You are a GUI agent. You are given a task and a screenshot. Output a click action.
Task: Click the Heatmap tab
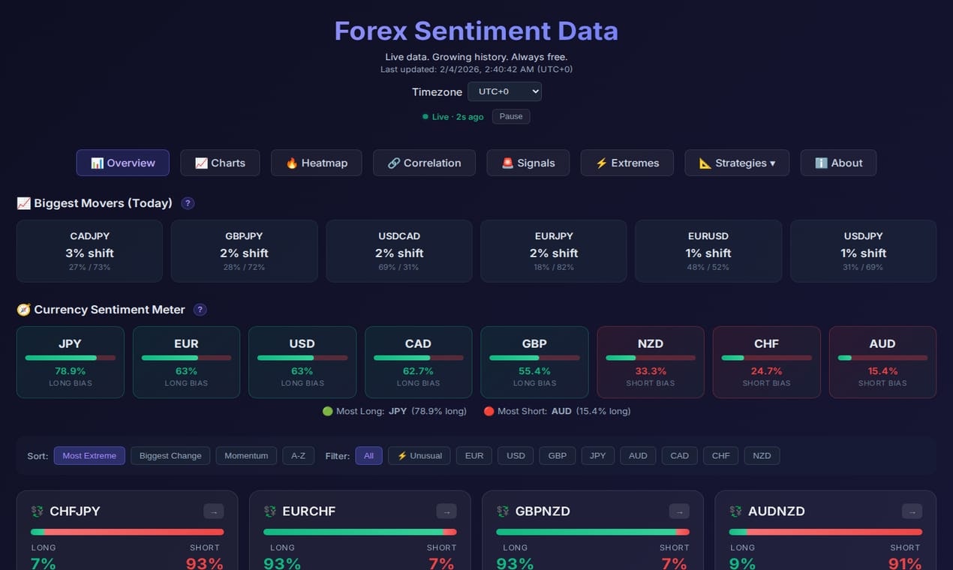[316, 163]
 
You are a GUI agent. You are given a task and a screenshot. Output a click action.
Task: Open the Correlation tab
[424, 163]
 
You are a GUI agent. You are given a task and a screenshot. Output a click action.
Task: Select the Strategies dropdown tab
[736, 163]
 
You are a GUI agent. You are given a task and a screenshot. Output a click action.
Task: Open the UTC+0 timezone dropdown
[504, 91]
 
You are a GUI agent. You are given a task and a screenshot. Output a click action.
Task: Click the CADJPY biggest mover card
[89, 251]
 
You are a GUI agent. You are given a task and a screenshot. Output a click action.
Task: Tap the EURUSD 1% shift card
[708, 251]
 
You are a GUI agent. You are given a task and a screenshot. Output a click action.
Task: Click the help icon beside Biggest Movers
[188, 203]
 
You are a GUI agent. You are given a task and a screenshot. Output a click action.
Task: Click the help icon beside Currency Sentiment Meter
[200, 310]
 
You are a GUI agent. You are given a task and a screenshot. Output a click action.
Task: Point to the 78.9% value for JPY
[70, 370]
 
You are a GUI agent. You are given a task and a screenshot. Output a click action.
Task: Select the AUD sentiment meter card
[882, 361]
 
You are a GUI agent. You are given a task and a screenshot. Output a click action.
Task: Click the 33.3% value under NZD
[650, 370]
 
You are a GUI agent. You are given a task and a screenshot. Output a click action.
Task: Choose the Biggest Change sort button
[170, 455]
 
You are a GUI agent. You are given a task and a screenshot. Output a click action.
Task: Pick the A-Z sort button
[298, 455]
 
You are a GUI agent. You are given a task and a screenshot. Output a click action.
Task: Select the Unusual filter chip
[419, 455]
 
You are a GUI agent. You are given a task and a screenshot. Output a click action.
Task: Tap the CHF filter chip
[720, 455]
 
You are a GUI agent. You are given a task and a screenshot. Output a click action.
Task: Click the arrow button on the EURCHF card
[446, 511]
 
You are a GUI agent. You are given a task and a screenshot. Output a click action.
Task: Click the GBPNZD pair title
[543, 511]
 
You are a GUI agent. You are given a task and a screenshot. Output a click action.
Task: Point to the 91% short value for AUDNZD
[904, 563]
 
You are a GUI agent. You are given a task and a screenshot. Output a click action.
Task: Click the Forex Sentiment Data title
[476, 31]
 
